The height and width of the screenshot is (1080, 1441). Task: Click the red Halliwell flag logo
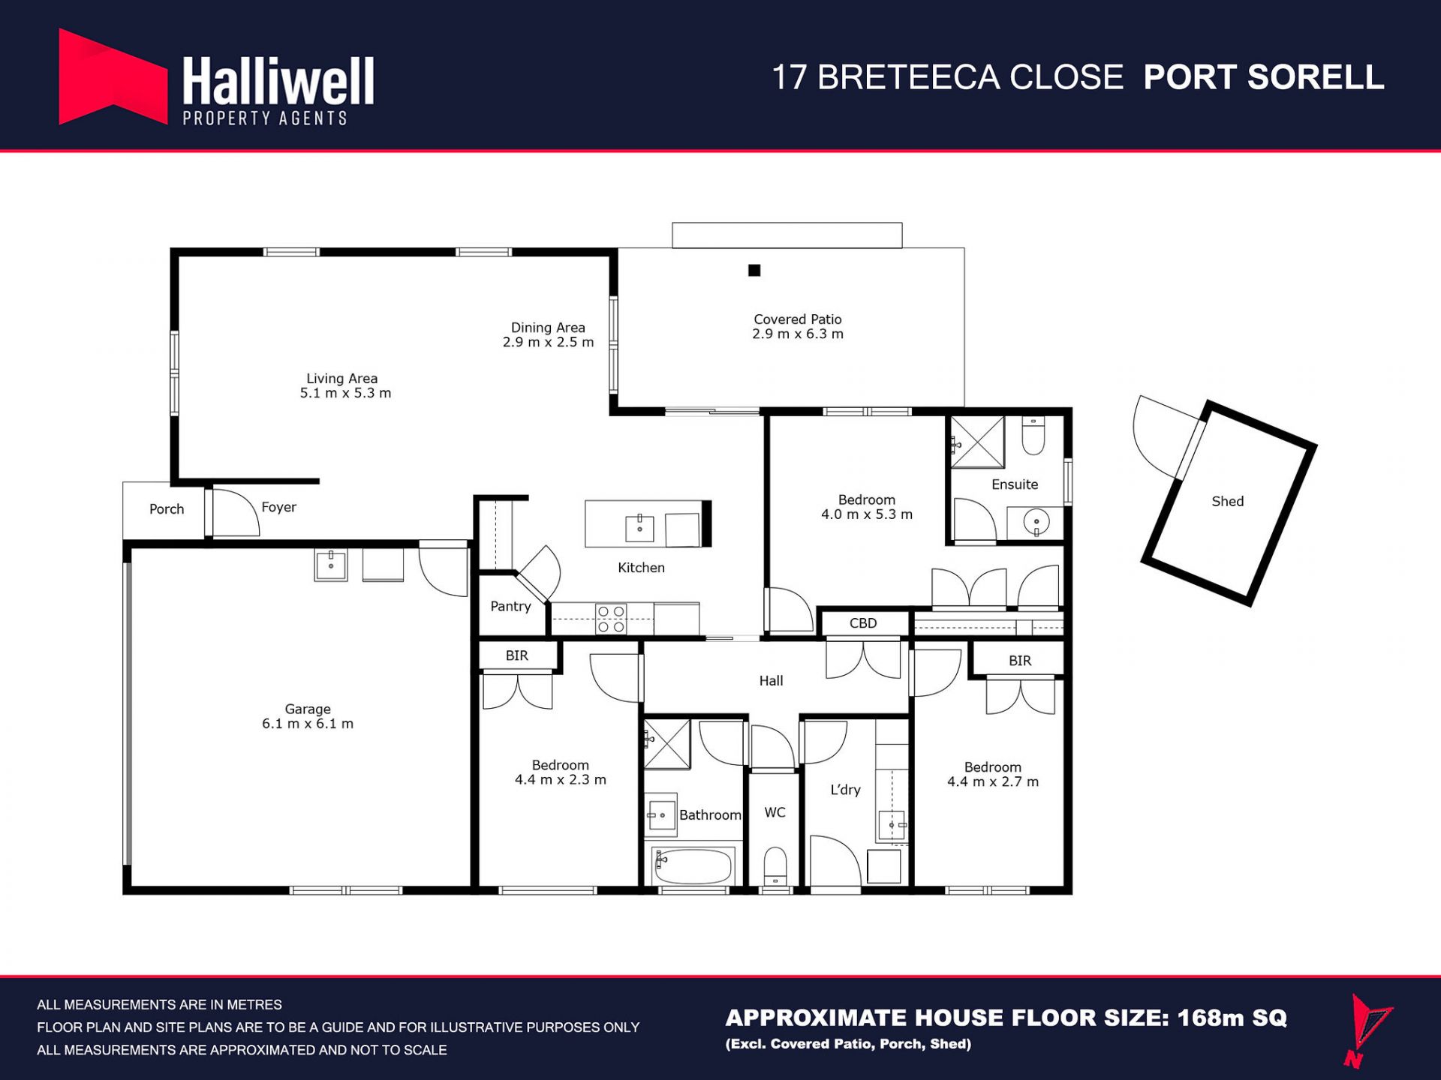113,76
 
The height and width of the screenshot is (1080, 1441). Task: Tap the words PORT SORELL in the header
1264,77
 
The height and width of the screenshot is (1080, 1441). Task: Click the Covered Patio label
798,319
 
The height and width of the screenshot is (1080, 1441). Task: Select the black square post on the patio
754,270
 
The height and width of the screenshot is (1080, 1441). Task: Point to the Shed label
1228,501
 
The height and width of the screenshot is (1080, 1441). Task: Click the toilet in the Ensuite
1033,436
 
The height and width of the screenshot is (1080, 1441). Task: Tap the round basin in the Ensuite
1036,521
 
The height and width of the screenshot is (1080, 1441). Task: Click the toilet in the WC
775,867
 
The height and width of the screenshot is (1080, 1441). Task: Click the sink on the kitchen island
639,528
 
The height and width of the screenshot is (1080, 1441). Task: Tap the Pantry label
510,606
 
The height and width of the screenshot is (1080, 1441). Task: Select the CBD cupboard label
863,623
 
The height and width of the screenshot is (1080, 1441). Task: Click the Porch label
167,509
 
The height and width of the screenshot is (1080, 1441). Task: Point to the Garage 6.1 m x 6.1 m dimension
308,724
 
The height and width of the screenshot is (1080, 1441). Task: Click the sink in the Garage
331,565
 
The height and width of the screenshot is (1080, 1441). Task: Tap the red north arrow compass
1368,1030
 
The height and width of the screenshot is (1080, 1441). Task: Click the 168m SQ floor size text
1232,1018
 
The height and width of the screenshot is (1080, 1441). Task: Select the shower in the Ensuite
977,442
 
